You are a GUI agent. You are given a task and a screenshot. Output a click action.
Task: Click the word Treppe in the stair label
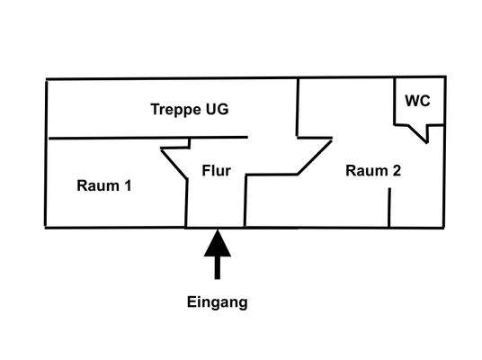click(174, 110)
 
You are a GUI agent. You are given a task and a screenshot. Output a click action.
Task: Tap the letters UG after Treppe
click(218, 110)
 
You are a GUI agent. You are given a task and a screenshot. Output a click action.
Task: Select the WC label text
click(417, 101)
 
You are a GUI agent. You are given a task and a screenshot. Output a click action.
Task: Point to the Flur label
click(217, 169)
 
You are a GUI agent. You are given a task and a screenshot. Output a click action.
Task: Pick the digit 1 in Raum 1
click(128, 186)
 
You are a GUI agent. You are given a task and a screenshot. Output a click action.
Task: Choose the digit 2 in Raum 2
click(396, 169)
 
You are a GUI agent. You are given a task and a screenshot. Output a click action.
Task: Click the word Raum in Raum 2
click(364, 169)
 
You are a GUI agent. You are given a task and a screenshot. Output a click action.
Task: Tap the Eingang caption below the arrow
click(216, 302)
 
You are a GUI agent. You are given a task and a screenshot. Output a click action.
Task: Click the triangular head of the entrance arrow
click(216, 243)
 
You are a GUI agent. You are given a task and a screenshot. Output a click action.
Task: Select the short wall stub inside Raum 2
click(388, 208)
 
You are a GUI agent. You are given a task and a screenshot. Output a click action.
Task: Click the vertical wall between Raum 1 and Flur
click(186, 203)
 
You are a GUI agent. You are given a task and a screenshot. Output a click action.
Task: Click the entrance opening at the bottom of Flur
click(216, 227)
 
